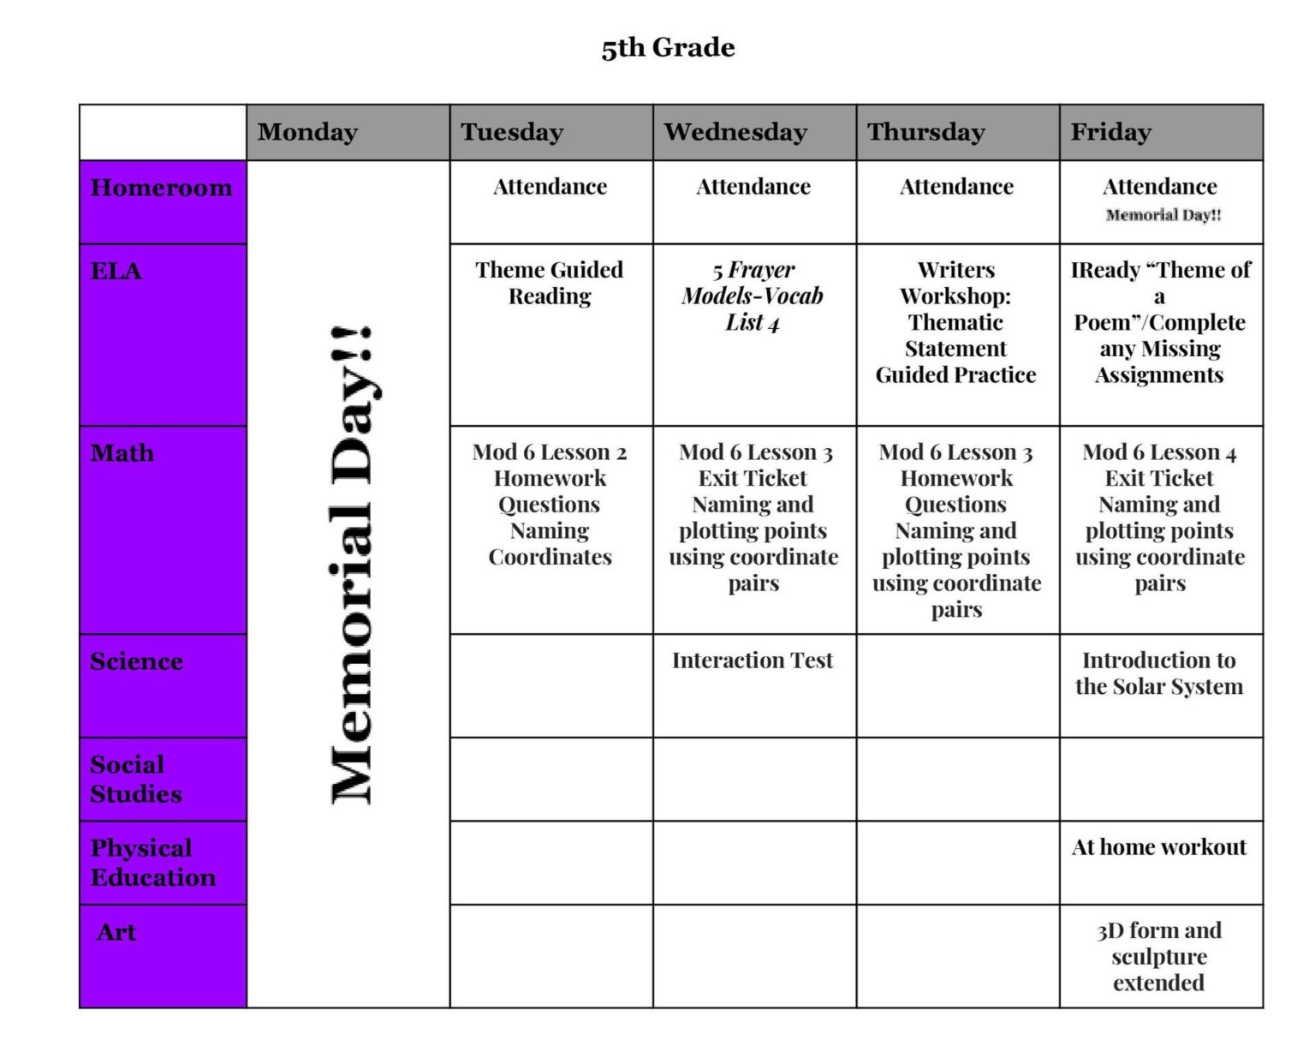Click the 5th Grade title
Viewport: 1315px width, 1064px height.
668,48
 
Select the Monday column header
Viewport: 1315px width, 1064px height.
307,132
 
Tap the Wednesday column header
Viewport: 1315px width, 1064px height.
735,132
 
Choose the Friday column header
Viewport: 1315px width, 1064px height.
1110,132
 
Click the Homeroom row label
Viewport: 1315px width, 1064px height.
161,188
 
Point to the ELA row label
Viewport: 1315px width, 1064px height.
116,272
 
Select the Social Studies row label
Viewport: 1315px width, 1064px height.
136,779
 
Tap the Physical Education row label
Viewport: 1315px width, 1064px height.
152,862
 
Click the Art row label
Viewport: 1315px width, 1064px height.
116,932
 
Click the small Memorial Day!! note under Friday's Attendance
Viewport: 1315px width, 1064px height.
1163,215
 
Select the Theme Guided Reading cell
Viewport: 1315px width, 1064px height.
550,283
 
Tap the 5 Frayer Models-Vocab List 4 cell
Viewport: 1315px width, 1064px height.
753,296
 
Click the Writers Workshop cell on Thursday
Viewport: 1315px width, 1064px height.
955,322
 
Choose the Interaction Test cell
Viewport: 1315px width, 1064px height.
752,661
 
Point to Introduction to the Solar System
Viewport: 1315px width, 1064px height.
1159,673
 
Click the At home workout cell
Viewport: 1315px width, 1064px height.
1159,847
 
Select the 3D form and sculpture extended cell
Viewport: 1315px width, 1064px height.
1159,956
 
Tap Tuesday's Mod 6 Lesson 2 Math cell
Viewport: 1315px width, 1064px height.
550,505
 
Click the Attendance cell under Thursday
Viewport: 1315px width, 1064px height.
956,187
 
